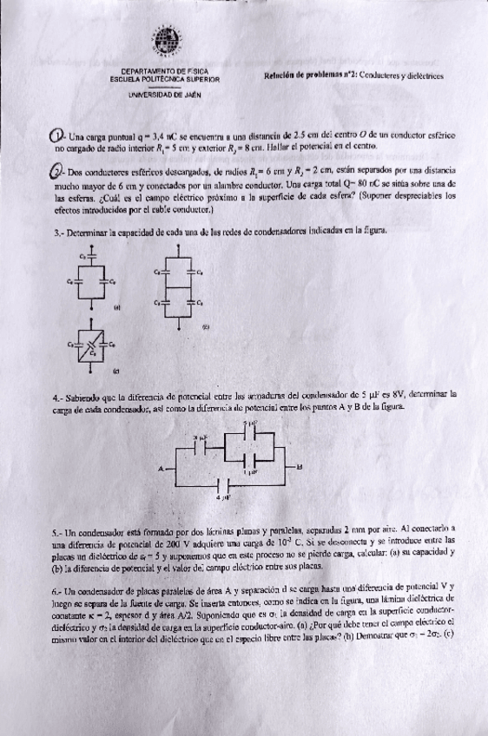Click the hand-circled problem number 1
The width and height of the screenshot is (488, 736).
[57, 137]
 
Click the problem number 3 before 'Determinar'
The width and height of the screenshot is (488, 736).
[56, 233]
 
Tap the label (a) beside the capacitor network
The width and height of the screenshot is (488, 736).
[116, 307]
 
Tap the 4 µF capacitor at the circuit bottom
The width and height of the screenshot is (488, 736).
[225, 489]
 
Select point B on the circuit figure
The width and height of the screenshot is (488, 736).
[300, 467]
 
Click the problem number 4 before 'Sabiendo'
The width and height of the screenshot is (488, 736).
[56, 395]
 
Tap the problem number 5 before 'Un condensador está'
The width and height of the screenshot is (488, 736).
[56, 529]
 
